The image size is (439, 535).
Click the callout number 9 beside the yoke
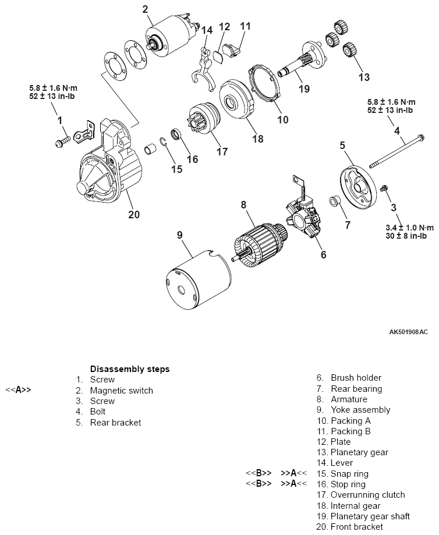(x=180, y=235)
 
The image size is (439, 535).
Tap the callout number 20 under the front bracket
(x=134, y=214)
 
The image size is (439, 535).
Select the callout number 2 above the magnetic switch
(x=145, y=9)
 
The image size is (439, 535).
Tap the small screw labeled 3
(x=384, y=189)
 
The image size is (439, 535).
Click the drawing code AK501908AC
(x=408, y=332)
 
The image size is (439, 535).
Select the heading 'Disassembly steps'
(x=130, y=369)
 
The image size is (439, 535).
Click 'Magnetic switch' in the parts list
(x=121, y=391)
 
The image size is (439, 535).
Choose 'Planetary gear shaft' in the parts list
(x=370, y=516)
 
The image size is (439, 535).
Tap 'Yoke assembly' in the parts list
(x=360, y=410)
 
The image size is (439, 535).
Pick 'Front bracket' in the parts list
(x=356, y=527)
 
